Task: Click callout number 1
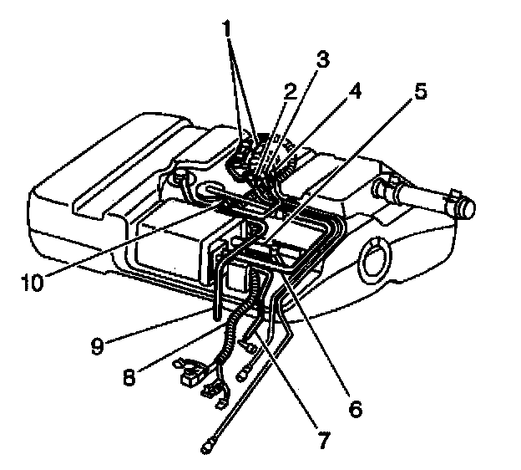(x=227, y=28)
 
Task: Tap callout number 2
(x=290, y=91)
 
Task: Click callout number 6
(x=355, y=408)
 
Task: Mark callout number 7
(x=323, y=440)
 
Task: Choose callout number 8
(x=129, y=377)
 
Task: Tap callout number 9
(x=98, y=345)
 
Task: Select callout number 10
(x=33, y=283)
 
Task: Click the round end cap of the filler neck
(x=466, y=207)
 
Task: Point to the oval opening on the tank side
(x=374, y=260)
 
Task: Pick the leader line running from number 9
(x=159, y=325)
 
